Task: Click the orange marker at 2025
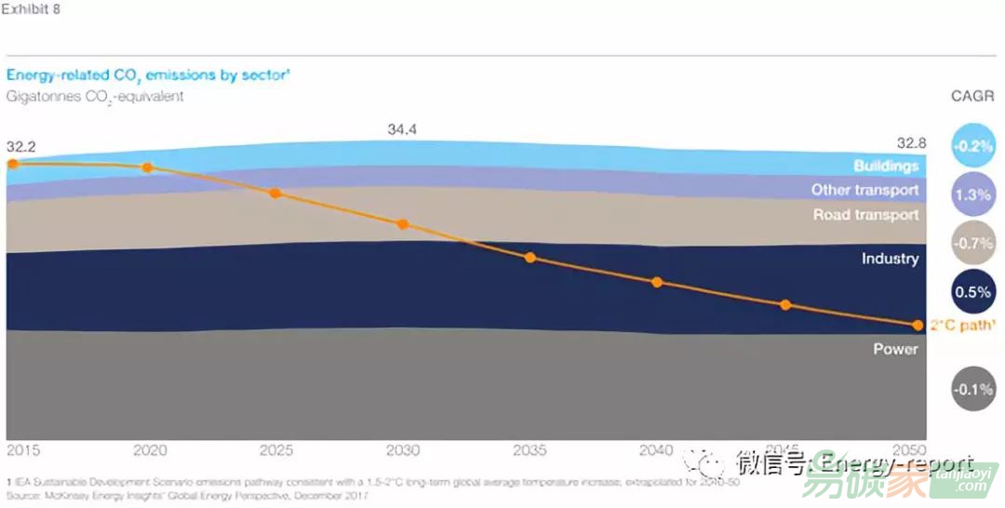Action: pos(275,194)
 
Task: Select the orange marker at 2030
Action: pos(403,224)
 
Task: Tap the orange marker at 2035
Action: pos(530,257)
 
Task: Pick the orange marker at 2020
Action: pos(147,167)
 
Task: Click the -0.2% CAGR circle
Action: pos(973,146)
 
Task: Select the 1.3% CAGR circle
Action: pos(973,194)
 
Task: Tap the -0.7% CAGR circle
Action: pos(973,243)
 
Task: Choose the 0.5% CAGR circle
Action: pos(973,291)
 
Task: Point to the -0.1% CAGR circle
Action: pos(973,389)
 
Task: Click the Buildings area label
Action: pos(886,167)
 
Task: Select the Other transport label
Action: pos(864,190)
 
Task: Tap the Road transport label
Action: pos(865,215)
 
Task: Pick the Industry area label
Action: pos(890,259)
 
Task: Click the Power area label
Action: pos(895,349)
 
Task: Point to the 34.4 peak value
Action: pos(402,129)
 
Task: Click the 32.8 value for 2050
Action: pos(911,142)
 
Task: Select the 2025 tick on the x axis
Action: pos(275,450)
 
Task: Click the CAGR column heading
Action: pos(972,97)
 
